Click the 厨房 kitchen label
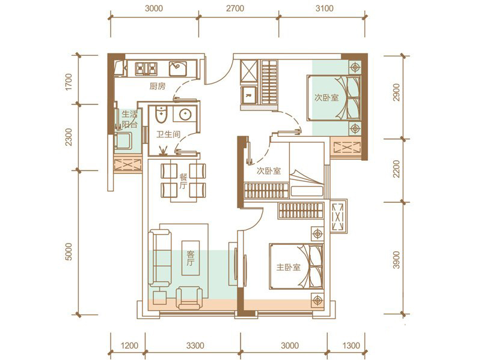coord(158,86)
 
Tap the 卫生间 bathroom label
coord(168,134)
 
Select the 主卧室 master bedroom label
coord(289,267)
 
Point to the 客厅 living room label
coord(190,258)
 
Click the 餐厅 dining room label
coord(183,181)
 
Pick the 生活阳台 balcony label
coord(129,119)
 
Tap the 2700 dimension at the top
coord(235,8)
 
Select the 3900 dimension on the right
coord(396,260)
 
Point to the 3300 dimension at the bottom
coord(195,346)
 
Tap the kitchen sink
coord(177,68)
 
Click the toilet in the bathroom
coord(161,114)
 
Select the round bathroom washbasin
coord(185,115)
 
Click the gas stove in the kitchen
coord(146,69)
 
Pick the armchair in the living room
coord(189,298)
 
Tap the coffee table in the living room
coord(190,258)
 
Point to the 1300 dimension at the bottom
coord(351,346)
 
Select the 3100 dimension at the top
coord(324,8)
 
